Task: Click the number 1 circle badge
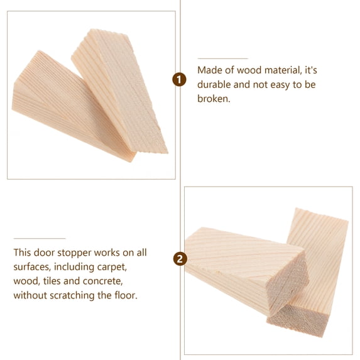click(x=180, y=79)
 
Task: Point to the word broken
click(x=214, y=99)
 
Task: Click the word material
click(x=284, y=70)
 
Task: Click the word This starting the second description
click(x=23, y=253)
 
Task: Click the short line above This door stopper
click(x=39, y=238)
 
